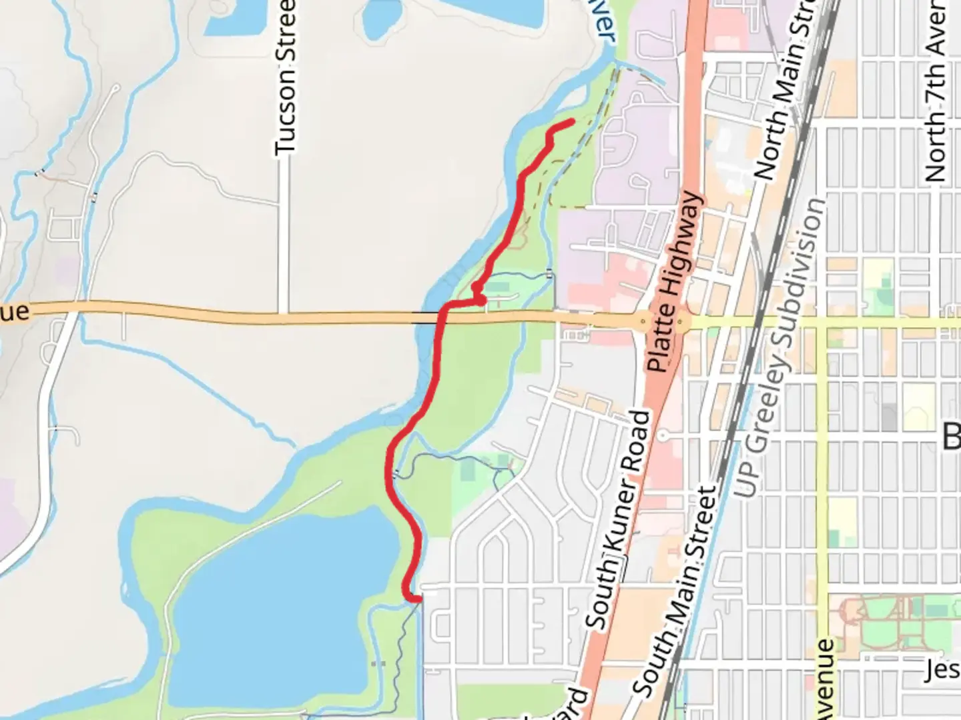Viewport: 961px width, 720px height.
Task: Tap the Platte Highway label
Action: (675, 283)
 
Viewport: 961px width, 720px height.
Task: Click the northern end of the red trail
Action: (573, 121)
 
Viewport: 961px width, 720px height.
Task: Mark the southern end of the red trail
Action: (419, 599)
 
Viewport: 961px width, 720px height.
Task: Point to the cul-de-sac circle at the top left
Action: (116, 88)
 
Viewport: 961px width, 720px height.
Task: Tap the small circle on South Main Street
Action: (663, 435)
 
